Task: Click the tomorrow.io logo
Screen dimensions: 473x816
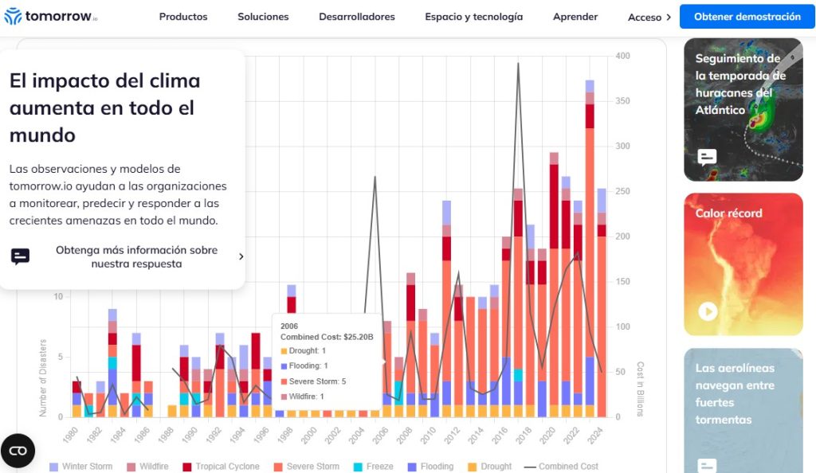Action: pos(51,17)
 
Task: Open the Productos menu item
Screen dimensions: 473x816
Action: pos(183,17)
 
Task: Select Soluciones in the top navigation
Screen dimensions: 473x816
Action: pos(263,17)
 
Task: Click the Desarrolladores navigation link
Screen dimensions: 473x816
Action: pos(357,17)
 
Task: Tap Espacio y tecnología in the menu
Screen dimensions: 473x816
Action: pos(473,17)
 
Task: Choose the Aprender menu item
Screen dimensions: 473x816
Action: pos(575,17)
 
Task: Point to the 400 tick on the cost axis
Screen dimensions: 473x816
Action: pos(622,56)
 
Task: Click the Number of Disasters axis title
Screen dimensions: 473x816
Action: pos(43,377)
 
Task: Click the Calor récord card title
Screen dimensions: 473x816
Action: pos(728,213)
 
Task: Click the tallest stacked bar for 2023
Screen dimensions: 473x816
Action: pos(590,255)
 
